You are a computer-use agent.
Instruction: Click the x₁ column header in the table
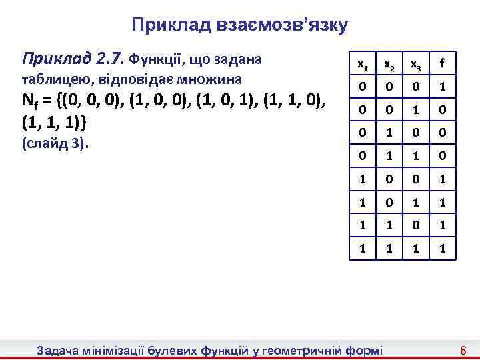coord(361,65)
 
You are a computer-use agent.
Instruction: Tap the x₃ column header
coord(415,65)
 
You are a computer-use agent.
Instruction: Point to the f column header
coord(441,65)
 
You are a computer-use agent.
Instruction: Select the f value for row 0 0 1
coord(441,111)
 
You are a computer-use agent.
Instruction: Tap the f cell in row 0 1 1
coord(441,157)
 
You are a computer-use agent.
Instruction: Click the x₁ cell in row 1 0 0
coord(361,180)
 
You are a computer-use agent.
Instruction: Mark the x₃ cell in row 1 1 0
coord(415,225)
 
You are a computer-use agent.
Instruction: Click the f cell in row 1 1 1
coord(441,248)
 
